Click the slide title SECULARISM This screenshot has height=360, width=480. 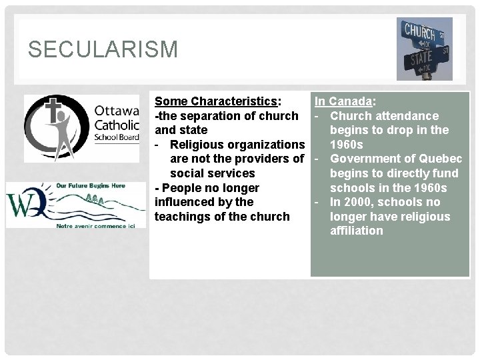[x=103, y=49]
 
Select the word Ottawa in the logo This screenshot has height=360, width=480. [x=117, y=110]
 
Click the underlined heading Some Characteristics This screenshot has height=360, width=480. [x=216, y=101]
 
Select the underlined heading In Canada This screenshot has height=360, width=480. [x=343, y=101]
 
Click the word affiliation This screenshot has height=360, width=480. [x=357, y=231]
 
